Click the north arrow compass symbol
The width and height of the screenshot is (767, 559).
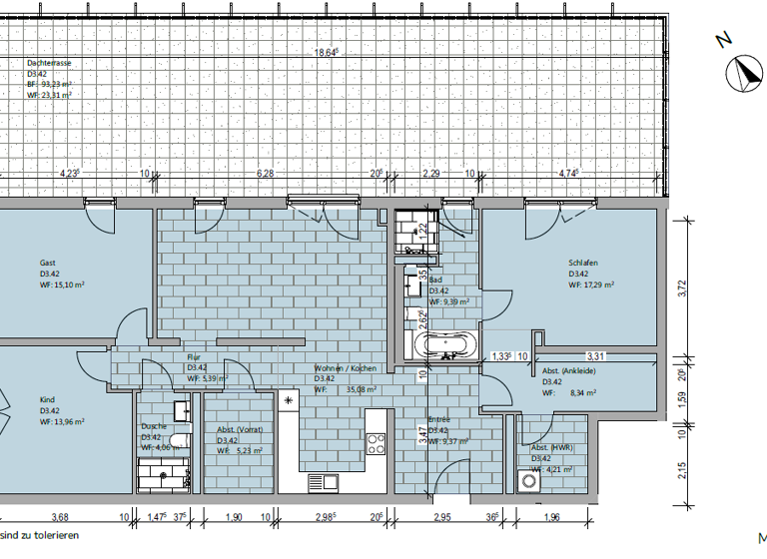coord(743,72)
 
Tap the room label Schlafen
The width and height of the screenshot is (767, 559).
coord(583,263)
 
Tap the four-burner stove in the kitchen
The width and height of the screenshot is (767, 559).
coord(377,442)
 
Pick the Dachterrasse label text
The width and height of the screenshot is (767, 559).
coord(49,63)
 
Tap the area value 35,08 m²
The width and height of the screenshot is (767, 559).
coord(363,390)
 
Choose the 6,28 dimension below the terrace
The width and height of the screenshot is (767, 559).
coord(265,173)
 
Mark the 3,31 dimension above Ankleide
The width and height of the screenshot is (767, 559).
coord(596,355)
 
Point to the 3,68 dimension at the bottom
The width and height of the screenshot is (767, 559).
coord(59,516)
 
